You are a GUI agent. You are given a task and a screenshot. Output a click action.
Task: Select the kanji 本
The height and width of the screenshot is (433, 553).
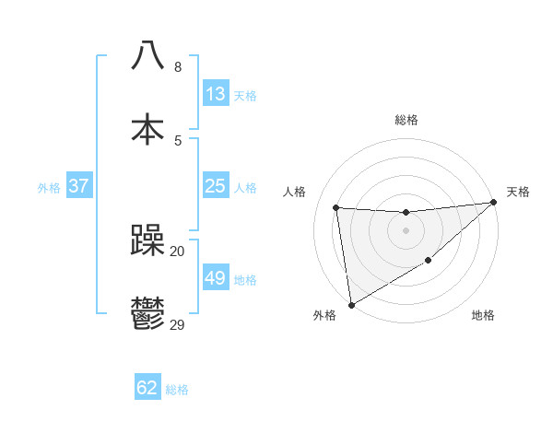click(x=148, y=128)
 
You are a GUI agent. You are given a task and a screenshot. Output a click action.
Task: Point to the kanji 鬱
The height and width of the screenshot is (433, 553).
click(x=148, y=314)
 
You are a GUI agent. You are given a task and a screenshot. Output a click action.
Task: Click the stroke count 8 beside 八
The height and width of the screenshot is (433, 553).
click(x=178, y=66)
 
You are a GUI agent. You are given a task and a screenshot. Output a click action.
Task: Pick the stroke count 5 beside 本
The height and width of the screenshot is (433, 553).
click(x=178, y=140)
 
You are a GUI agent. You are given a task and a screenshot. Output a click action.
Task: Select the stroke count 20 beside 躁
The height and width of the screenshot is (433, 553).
click(x=178, y=251)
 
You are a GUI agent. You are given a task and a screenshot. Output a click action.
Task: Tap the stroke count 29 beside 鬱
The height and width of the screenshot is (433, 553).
click(x=178, y=325)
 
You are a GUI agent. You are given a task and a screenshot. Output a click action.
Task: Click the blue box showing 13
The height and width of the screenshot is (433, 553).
click(x=215, y=94)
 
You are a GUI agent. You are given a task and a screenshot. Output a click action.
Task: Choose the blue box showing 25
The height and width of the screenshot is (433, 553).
click(x=215, y=186)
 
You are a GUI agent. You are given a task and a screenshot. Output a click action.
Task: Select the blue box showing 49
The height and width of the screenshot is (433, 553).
click(x=215, y=278)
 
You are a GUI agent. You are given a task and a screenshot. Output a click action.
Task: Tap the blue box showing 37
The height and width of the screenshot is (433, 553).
click(x=78, y=186)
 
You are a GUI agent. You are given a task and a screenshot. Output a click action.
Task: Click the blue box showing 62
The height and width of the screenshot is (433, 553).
click(x=147, y=388)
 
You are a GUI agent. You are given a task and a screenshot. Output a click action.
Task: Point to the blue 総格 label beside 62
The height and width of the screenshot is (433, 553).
click(x=177, y=390)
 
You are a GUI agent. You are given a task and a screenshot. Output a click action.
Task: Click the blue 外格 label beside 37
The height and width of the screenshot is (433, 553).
click(x=49, y=188)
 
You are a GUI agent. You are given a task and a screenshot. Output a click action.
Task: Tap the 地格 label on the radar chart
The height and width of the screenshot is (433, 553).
click(x=483, y=316)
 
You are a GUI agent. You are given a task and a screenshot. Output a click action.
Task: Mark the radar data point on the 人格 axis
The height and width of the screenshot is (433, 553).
click(x=336, y=207)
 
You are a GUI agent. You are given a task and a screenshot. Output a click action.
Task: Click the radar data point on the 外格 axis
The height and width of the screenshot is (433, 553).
click(x=351, y=304)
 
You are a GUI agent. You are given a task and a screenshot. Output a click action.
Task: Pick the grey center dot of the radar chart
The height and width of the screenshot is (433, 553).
click(x=406, y=229)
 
